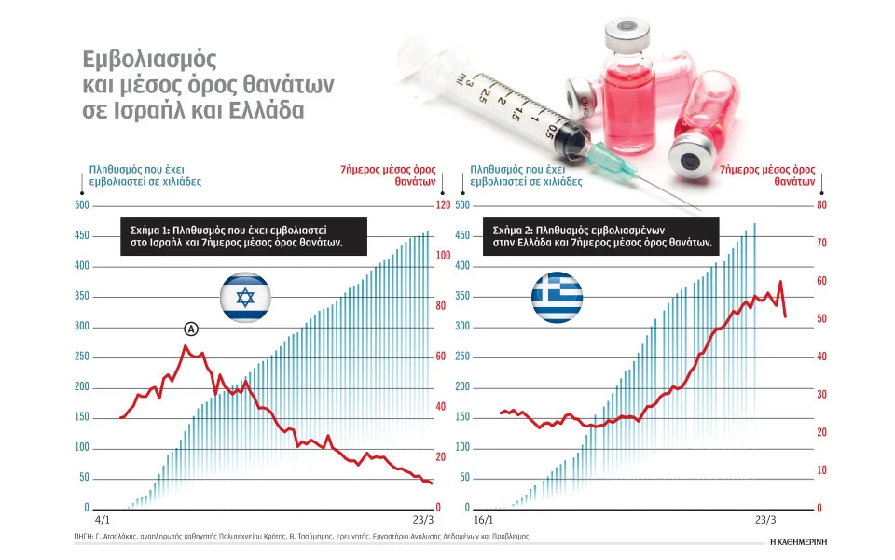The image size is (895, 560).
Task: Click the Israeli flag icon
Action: pos(245,299)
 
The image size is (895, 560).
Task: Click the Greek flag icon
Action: pos(557,299)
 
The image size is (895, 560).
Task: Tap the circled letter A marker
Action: pos(191,329)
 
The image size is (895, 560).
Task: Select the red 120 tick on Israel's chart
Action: pos(443,205)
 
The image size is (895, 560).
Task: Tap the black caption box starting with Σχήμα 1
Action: pos(244,234)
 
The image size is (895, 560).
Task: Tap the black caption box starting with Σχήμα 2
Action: pos(603,234)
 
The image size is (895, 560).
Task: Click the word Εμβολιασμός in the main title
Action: pos(149,61)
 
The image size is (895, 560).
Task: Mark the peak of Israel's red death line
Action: pos(185,346)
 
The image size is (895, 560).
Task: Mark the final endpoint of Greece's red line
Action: pos(786,317)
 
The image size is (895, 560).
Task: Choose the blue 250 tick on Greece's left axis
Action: pos(462,357)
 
